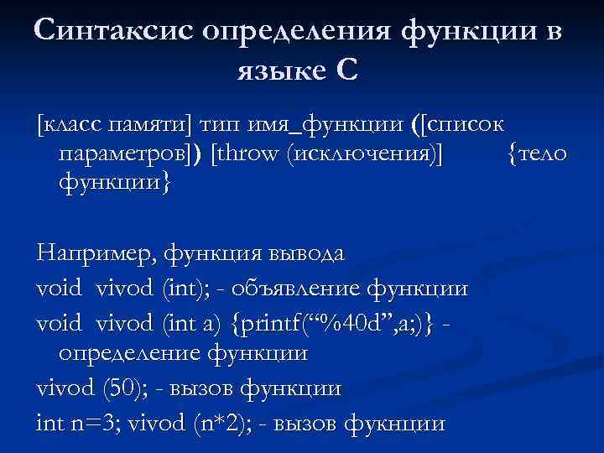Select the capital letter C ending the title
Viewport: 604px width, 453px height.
346,70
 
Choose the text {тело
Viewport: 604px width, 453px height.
538,154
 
